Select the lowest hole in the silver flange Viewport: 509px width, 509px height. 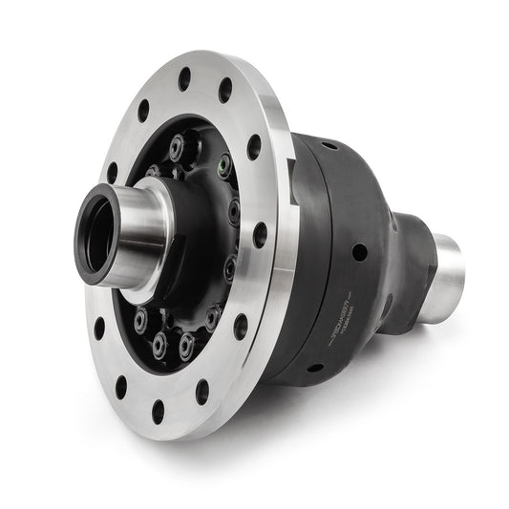(159, 412)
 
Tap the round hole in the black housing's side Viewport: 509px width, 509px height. (360, 252)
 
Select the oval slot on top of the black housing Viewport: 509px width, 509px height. (329, 146)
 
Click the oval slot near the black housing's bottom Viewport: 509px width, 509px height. (314, 368)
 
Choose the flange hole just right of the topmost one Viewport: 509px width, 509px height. (225, 92)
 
